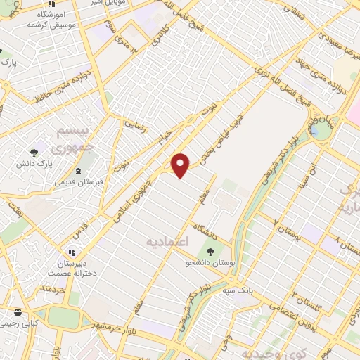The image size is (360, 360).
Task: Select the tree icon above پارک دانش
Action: [34, 152]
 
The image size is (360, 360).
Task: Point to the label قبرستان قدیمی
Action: [79, 182]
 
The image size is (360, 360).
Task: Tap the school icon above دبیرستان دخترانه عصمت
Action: [72, 252]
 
